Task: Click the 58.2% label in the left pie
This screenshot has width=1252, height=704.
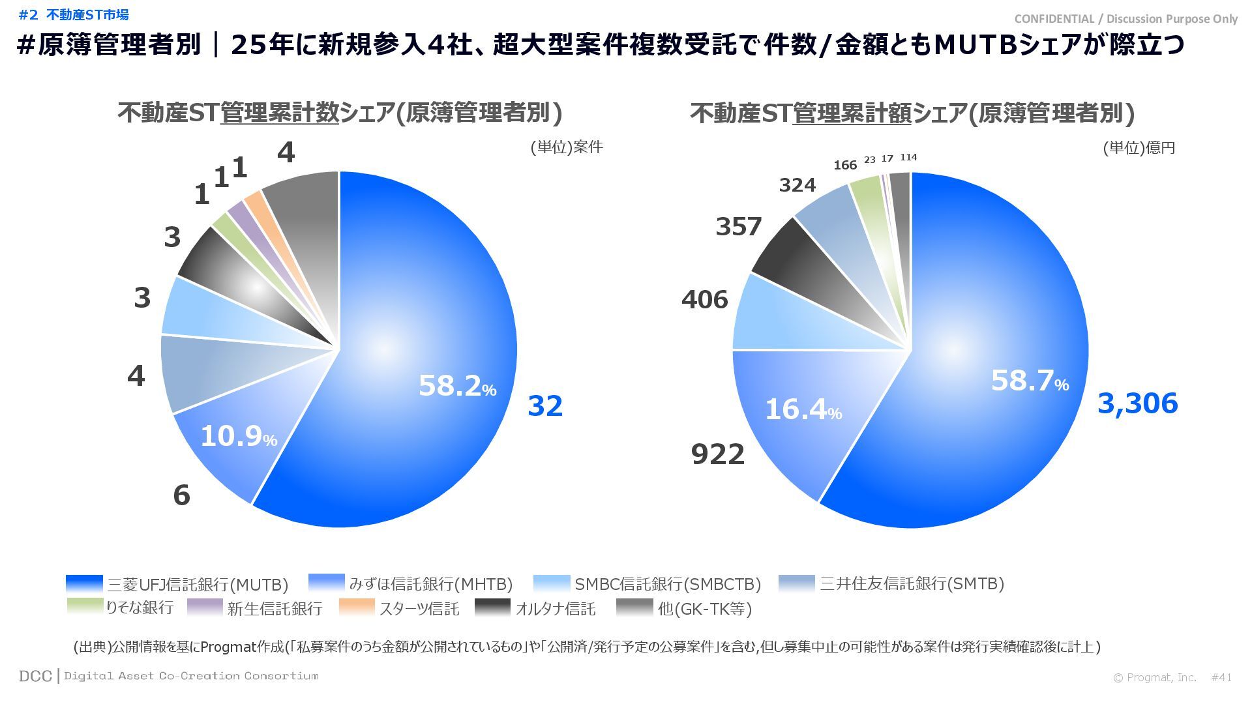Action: click(x=456, y=386)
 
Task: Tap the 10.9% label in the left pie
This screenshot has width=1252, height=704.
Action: click(x=238, y=436)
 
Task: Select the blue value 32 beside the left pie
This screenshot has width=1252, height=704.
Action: click(x=544, y=405)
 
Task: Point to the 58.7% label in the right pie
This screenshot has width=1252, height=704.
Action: click(x=1029, y=381)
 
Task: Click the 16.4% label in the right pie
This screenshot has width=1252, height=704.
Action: click(x=803, y=409)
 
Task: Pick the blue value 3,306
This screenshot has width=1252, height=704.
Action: click(x=1137, y=403)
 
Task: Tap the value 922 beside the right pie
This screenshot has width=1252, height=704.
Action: click(x=717, y=454)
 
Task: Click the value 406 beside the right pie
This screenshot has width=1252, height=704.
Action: click(x=704, y=300)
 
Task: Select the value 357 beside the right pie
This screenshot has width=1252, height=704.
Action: click(x=738, y=227)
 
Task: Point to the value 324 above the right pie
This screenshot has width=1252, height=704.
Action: click(x=797, y=185)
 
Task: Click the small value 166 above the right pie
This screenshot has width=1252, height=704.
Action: click(x=844, y=166)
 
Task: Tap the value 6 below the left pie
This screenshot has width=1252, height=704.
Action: click(x=181, y=495)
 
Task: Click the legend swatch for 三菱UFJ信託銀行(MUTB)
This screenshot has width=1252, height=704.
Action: click(x=85, y=583)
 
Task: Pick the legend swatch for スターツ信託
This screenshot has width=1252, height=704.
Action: click(x=357, y=608)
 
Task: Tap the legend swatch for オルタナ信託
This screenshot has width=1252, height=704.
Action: click(x=492, y=608)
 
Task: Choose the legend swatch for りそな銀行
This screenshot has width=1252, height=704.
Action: click(x=85, y=607)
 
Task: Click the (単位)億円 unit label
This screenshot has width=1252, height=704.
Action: click(x=1139, y=148)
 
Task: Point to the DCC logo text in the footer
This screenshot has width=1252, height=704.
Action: click(x=35, y=676)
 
